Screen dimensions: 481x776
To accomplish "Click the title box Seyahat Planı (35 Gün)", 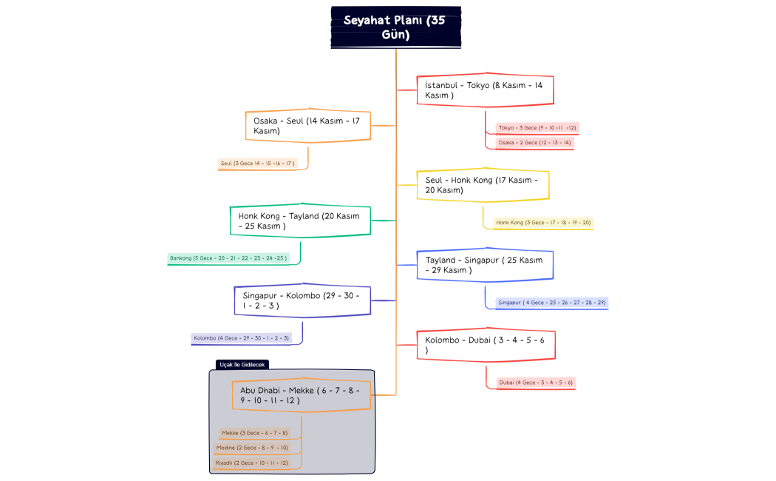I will (395, 28).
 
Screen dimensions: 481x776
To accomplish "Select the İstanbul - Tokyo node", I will (485, 90).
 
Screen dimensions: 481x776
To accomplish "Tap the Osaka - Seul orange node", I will (307, 126).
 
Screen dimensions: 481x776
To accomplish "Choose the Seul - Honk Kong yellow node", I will (483, 185).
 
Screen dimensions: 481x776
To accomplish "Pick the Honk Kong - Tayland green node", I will (299, 221).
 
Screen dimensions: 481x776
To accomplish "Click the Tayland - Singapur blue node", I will (485, 265).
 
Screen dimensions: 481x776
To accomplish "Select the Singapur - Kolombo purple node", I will (302, 300).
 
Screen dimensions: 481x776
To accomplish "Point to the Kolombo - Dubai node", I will (486, 345).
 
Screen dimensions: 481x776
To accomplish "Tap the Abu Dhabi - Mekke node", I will (301, 395).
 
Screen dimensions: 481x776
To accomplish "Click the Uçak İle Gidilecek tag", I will (242, 364).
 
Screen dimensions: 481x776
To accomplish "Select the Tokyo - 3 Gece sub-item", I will (537, 128).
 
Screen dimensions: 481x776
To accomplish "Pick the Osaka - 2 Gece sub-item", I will (534, 142).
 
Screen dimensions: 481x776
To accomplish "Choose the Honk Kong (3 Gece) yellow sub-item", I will (543, 223).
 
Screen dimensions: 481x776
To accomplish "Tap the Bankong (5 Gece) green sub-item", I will (228, 258).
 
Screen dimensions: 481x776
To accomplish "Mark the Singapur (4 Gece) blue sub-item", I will (552, 303).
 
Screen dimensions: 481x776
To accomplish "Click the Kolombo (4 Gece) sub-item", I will (242, 338).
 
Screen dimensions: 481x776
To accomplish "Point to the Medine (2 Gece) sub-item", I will (252, 448).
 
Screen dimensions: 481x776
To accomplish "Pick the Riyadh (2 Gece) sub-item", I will (251, 462).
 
